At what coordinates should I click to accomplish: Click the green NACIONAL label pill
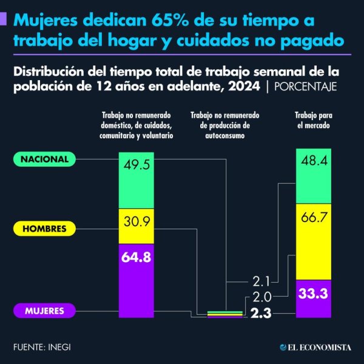click(x=45, y=159)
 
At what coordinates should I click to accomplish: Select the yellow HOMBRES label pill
click(x=45, y=229)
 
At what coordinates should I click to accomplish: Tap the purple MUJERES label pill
click(x=45, y=311)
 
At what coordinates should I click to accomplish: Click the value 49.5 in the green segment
click(x=136, y=165)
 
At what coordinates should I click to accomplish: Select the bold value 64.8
click(x=136, y=257)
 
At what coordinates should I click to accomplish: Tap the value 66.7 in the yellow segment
click(x=313, y=218)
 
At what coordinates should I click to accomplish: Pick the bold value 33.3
click(x=313, y=294)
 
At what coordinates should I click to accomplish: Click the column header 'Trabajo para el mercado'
click(x=313, y=120)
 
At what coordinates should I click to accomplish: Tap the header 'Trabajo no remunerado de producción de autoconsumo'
click(x=225, y=126)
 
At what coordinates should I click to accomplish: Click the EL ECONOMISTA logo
click(x=315, y=347)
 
